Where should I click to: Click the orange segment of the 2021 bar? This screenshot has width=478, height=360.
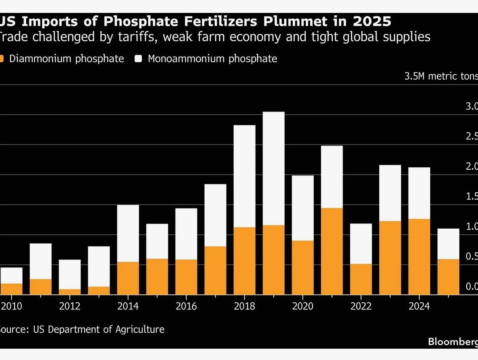click(332, 251)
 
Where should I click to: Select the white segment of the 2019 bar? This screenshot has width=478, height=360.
click(273, 168)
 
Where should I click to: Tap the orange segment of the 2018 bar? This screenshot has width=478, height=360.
click(244, 261)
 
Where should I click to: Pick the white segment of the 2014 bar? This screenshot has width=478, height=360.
click(128, 233)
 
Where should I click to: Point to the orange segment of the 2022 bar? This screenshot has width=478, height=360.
click(361, 279)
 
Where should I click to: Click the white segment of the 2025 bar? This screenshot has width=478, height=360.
click(448, 244)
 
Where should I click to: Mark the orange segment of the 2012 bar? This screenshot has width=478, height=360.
click(70, 292)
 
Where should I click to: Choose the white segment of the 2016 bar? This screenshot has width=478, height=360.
click(186, 234)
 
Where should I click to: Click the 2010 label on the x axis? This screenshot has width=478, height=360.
click(11, 306)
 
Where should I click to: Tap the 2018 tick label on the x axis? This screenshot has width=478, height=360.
click(244, 306)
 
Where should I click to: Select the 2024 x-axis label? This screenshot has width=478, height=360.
click(419, 306)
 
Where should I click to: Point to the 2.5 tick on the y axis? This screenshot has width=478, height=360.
click(472, 137)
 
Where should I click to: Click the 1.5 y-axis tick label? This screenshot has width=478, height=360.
click(472, 196)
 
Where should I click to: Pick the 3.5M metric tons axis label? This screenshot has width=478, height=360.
click(441, 76)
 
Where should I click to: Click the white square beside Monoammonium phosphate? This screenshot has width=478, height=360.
click(139, 59)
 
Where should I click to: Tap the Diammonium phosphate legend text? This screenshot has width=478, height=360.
click(66, 59)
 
